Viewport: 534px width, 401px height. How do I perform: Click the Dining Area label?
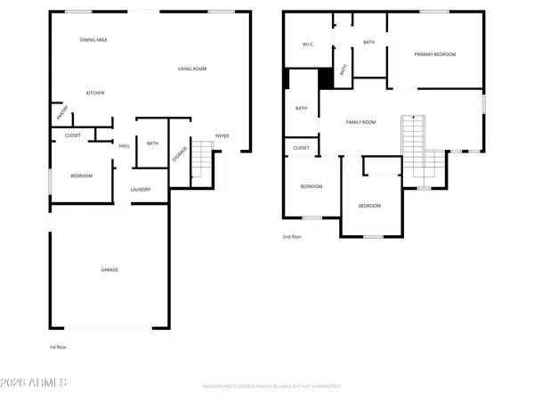pos(93,40)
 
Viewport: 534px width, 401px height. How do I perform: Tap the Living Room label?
pos(192,69)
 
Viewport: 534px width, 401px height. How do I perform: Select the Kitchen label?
pos(95,94)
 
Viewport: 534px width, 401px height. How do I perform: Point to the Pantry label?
pos(62,114)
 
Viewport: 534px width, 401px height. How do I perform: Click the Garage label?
pos(109,270)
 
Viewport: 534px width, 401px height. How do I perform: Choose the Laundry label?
pos(141,190)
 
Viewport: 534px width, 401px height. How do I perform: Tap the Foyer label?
pos(222,136)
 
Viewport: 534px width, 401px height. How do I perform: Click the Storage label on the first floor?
pos(180,152)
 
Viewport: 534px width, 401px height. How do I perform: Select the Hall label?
pos(125,145)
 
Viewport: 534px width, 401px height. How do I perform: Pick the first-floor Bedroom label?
pos(81,176)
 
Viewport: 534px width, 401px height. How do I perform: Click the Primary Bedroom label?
pos(435,55)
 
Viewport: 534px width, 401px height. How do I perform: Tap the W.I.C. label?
pos(309,45)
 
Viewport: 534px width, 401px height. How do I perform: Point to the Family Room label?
pos(360,122)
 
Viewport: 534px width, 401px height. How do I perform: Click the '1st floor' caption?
pos(59,348)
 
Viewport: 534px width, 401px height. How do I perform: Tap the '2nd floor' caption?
pos(293,237)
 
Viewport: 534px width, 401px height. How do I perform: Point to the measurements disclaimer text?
pos(272,387)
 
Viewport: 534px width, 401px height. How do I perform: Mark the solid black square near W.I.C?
pos(326,78)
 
